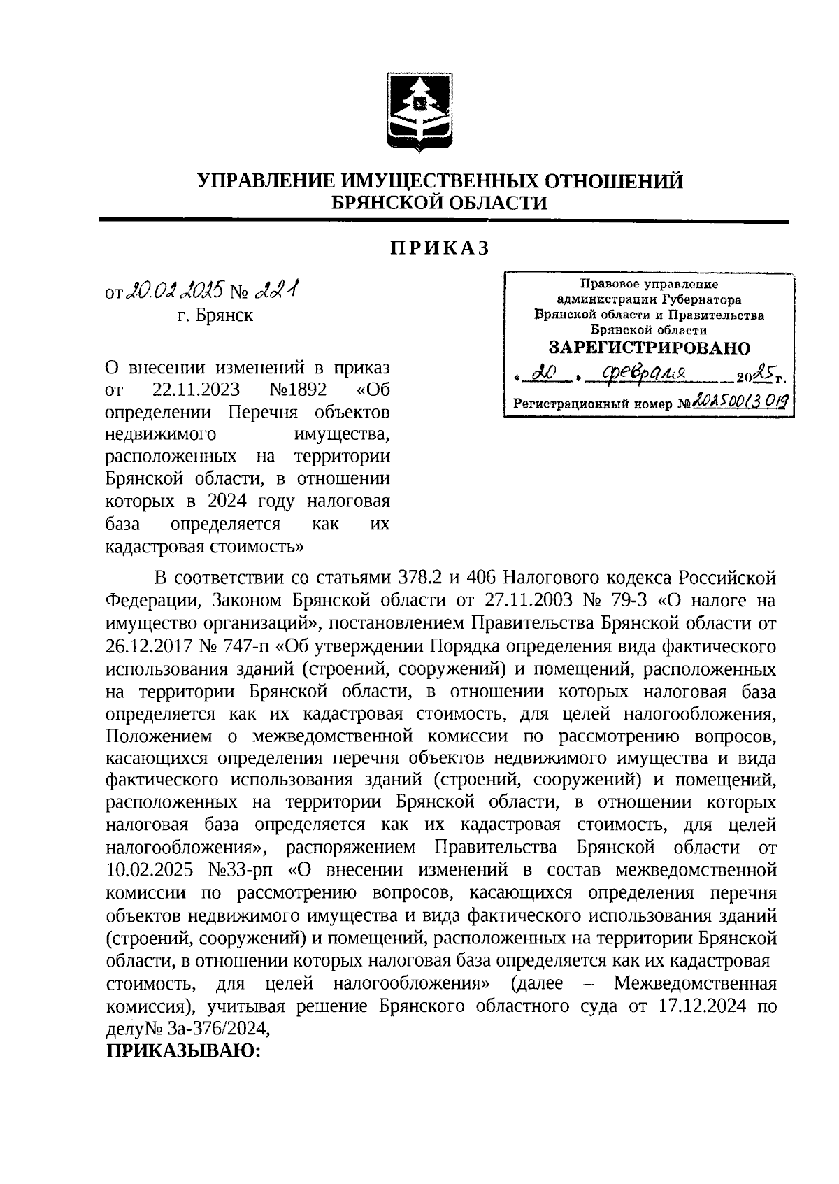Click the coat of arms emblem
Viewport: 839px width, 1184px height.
tap(419, 113)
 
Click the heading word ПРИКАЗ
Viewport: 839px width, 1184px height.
tap(439, 249)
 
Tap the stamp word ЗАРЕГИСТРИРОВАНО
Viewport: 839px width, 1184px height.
tap(648, 348)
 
